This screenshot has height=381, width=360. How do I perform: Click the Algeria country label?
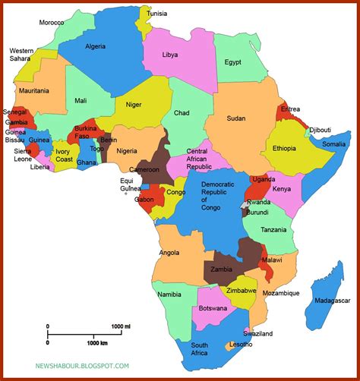click(95, 46)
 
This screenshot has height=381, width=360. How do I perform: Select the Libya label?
click(171, 55)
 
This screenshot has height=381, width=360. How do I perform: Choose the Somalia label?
click(333, 144)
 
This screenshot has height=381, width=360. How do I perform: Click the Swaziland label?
click(257, 333)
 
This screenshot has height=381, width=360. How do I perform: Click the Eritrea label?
click(290, 109)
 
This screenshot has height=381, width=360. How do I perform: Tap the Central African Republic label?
click(197, 157)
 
